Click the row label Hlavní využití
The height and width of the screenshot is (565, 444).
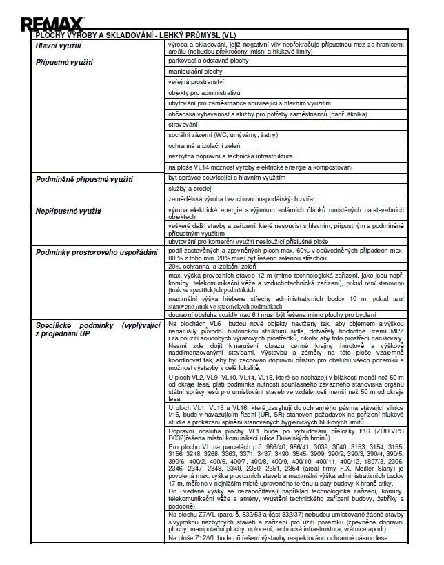click(59, 45)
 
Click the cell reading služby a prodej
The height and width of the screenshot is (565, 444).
click(190, 188)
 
